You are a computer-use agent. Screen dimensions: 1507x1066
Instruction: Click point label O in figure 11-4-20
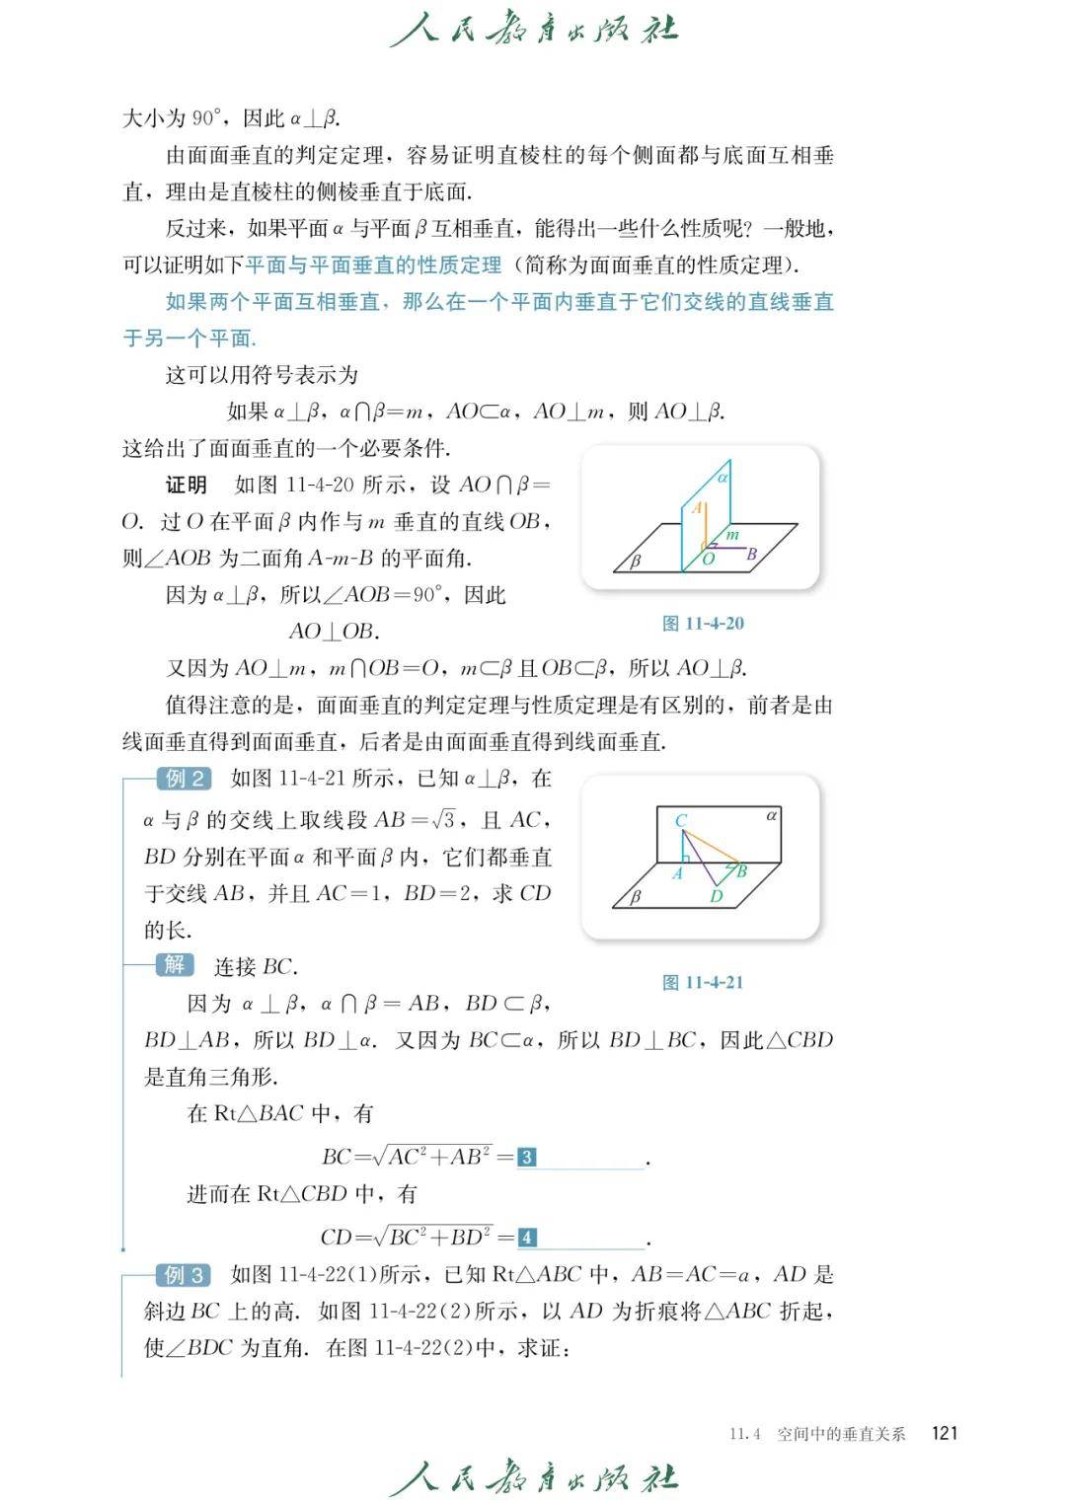708,560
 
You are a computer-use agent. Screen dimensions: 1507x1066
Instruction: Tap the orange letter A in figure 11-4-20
696,508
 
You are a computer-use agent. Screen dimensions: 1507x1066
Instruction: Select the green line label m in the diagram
732,535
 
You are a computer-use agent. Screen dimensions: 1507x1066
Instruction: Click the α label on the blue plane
723,477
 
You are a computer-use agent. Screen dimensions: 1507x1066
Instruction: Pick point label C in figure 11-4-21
681,820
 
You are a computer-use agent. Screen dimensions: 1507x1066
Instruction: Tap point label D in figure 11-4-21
716,896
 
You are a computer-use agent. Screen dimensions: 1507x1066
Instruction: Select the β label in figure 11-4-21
636,897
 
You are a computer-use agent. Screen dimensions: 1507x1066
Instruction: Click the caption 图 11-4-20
703,624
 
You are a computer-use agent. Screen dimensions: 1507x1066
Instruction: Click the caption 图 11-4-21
703,982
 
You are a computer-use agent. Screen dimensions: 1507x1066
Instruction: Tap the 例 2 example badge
184,779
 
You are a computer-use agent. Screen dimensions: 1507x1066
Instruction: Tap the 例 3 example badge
184,1275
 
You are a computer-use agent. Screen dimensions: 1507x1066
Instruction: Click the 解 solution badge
174,965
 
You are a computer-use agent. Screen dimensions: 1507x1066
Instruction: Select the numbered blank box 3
527,1157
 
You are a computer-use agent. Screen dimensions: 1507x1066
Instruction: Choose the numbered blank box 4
527,1238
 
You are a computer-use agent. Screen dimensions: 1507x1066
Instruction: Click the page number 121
945,1433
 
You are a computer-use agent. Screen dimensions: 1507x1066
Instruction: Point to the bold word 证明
186,485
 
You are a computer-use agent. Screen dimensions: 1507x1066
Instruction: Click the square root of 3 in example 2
444,819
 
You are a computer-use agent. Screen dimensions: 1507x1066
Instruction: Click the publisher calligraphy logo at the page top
534,30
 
